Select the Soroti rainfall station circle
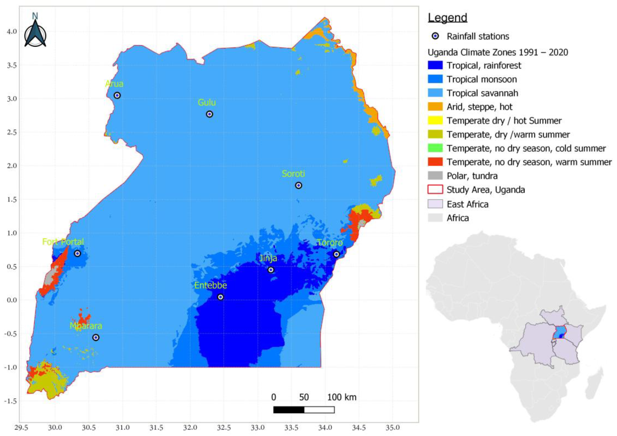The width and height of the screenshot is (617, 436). [x=299, y=185]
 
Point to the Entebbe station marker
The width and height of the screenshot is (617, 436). [x=220, y=297]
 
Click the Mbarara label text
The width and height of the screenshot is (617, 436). [x=86, y=326]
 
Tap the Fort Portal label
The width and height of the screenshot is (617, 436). [x=63, y=242]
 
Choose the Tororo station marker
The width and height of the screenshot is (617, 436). [x=336, y=254]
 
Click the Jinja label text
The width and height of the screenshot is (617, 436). [x=268, y=258]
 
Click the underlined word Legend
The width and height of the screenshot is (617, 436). [x=447, y=18]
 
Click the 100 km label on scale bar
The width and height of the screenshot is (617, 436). [x=341, y=397]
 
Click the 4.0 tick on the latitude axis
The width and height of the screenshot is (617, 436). [x=12, y=31]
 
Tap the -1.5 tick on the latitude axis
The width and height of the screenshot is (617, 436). [x=11, y=401]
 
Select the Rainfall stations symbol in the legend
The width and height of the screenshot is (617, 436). [x=435, y=36]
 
